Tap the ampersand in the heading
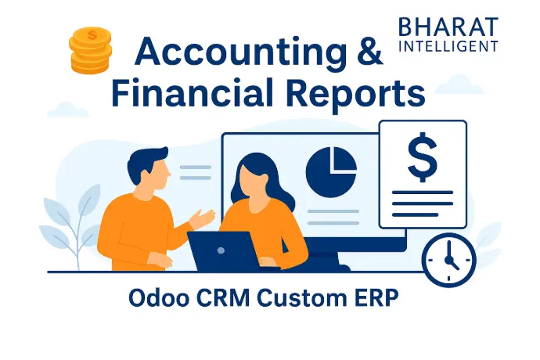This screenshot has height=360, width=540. [x=370, y=52]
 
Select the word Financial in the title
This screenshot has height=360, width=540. [x=193, y=92]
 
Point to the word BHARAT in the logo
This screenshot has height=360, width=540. [x=448, y=27]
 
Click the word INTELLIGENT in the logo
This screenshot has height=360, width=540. [x=448, y=46]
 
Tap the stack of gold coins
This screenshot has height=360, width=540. [x=91, y=50]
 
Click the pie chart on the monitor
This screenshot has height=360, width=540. [x=331, y=172]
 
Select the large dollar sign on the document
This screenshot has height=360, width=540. [x=423, y=157]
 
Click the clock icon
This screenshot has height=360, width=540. [x=449, y=260]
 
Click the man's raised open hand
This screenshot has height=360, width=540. [x=203, y=218]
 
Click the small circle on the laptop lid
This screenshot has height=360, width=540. [x=221, y=250]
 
